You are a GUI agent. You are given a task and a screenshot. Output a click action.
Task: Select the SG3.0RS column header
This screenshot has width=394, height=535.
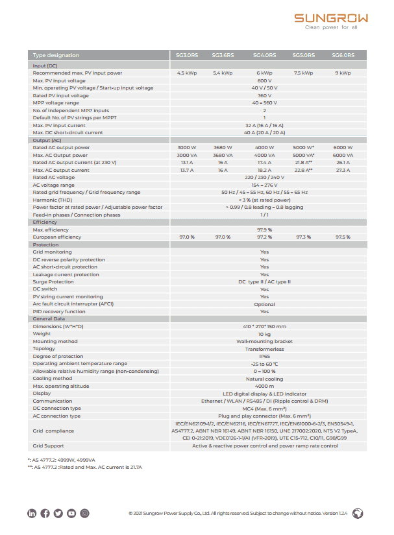pyautogui.click(x=187, y=55)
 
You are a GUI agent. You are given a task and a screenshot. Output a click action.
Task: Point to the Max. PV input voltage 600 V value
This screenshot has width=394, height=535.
pyautogui.click(x=264, y=80)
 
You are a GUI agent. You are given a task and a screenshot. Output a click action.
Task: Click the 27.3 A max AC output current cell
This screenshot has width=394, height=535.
pyautogui.click(x=343, y=170)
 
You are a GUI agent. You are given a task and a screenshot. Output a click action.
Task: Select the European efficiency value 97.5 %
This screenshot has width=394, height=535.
pyautogui.click(x=343, y=237)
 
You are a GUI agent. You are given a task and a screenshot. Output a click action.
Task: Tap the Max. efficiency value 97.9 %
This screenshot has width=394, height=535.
pyautogui.click(x=264, y=230)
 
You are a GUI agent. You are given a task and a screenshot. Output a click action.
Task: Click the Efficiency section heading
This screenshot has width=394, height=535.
pyautogui.click(x=45, y=222)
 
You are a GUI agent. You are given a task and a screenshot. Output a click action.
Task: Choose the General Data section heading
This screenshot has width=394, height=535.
pyautogui.click(x=49, y=319)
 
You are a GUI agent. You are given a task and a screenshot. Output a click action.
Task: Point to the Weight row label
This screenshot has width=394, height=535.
pyautogui.click(x=42, y=334)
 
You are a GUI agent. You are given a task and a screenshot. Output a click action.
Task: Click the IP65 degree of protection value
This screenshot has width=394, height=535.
pyautogui.click(x=264, y=356)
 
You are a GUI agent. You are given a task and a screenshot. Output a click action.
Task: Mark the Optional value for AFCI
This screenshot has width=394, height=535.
pyautogui.click(x=264, y=304)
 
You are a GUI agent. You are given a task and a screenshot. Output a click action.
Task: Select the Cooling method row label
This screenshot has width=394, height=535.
pyautogui.click(x=53, y=379)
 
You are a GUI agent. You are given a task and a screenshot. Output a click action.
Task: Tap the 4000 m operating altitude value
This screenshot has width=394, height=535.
pyautogui.click(x=264, y=386)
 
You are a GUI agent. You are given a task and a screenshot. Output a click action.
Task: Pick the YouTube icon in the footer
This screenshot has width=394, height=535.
pyautogui.click(x=71, y=514)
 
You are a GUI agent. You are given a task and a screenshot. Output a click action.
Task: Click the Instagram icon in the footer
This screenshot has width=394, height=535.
pyautogui.click(x=84, y=514)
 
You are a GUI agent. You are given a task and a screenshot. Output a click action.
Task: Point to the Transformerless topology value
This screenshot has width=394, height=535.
pyautogui.click(x=264, y=349)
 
